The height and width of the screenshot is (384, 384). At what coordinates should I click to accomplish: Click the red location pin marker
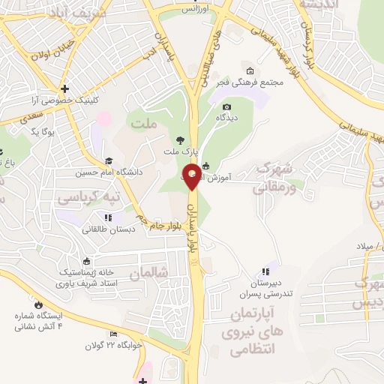coord(191,175)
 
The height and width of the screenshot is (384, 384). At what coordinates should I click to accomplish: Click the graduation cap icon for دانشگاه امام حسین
coord(109,160)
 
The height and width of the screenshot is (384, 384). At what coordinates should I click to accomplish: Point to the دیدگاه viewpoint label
coord(227,118)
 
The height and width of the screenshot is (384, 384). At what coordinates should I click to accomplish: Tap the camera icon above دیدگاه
coord(227,107)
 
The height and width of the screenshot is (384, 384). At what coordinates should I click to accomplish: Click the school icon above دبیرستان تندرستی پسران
coord(264,272)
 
